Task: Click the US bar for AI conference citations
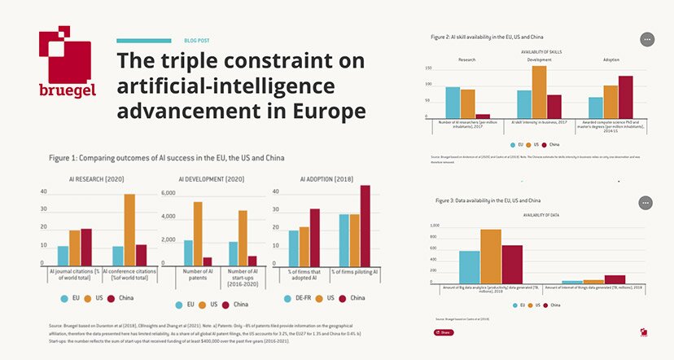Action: (x=129, y=230)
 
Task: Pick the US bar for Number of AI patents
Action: (x=198, y=233)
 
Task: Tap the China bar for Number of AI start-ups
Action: (x=252, y=261)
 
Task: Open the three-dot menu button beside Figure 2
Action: (x=647, y=39)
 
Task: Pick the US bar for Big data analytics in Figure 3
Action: (x=491, y=257)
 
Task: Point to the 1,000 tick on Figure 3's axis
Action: (x=434, y=226)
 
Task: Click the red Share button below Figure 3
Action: (x=444, y=332)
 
